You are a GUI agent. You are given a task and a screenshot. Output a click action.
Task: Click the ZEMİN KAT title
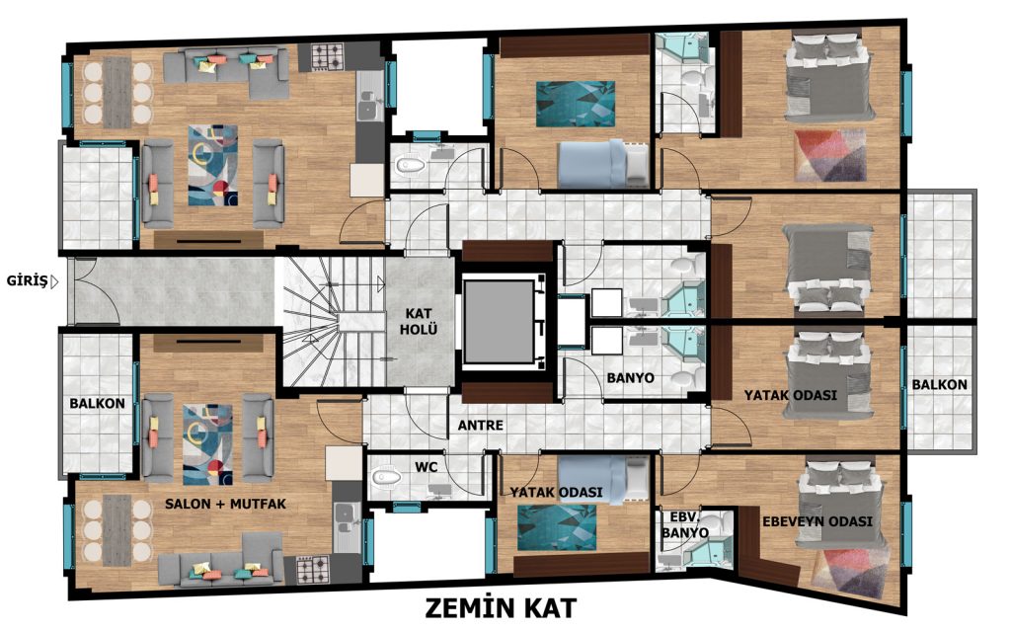point(501,607)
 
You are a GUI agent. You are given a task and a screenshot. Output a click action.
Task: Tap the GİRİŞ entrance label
point(27,280)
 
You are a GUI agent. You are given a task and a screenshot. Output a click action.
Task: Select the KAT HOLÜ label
point(419,321)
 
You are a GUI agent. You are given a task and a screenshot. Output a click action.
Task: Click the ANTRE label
point(481,425)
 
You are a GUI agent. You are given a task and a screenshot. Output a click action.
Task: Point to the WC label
point(427,467)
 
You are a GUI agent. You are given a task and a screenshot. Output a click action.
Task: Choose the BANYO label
point(630,378)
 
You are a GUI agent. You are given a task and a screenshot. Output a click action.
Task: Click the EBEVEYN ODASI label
point(817,521)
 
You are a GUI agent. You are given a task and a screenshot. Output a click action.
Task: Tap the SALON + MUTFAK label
point(225,504)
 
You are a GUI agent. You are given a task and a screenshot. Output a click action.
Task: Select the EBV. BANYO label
point(685,525)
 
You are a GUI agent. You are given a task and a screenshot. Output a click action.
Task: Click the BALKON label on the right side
point(939,384)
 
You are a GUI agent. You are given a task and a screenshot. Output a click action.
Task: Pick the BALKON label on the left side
point(98,403)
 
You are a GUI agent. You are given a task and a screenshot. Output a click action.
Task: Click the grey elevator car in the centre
point(499,321)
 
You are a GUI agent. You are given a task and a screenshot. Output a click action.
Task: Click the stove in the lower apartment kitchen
point(313,570)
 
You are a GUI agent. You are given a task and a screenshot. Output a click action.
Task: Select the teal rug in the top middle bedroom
point(576,104)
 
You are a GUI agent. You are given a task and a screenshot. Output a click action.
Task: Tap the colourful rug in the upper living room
point(213,166)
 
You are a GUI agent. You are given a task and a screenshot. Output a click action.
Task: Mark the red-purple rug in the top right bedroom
point(829,155)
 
